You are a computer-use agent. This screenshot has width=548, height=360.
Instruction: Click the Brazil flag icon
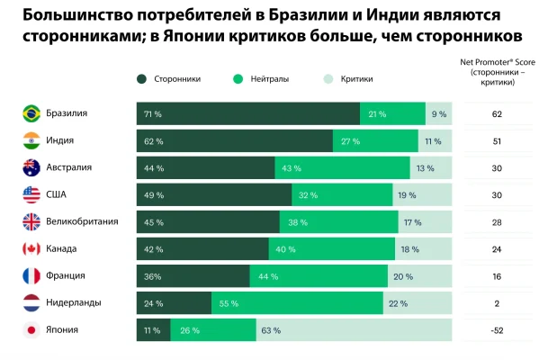point(31,114)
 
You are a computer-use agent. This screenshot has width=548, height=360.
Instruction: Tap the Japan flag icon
point(31,330)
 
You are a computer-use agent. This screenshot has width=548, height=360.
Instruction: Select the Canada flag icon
point(31,249)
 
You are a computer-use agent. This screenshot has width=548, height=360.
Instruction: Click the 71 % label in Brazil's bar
point(152,114)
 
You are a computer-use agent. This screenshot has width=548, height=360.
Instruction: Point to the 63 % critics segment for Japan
point(354,330)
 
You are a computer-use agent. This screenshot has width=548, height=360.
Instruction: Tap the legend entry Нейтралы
point(264,79)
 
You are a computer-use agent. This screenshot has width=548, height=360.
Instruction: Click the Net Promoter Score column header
point(497,71)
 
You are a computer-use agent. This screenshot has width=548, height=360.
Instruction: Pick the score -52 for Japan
point(497,330)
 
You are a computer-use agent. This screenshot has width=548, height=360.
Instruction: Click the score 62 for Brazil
point(497,114)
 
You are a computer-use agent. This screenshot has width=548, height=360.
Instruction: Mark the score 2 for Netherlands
point(497,303)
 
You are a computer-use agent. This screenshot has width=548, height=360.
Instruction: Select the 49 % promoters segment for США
point(214,195)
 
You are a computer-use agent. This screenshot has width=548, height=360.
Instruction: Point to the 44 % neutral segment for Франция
point(319,276)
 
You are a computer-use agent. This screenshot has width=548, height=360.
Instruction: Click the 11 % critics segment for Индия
point(435,141)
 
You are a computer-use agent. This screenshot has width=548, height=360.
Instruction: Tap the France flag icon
point(31,276)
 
